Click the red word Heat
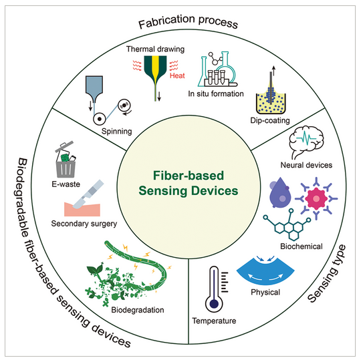[x=177, y=75]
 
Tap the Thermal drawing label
[x=155, y=49]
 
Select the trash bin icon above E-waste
[x=66, y=160]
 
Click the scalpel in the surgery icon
[x=88, y=194]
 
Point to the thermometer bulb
[x=214, y=304]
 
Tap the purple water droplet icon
[x=279, y=193]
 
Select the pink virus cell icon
[x=316, y=198]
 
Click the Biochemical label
[x=302, y=246]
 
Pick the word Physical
[x=265, y=292]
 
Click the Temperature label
[x=214, y=321]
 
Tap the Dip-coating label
[x=270, y=120]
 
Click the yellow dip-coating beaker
[x=271, y=104]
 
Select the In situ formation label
[x=216, y=94]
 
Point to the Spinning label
[x=117, y=132]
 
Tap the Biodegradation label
[x=138, y=310]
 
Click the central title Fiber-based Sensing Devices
[x=189, y=183]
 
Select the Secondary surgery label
[x=84, y=224]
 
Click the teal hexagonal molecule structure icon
[x=287, y=225]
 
